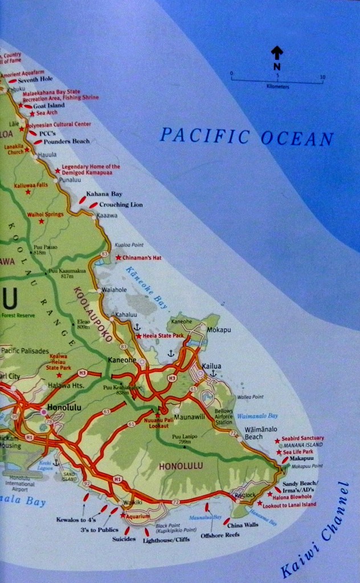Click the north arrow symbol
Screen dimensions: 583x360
click(277, 54)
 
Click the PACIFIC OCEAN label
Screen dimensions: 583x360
click(246, 137)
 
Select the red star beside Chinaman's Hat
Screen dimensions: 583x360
click(118, 258)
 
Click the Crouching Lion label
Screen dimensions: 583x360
click(121, 205)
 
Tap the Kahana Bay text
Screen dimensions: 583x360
click(104, 194)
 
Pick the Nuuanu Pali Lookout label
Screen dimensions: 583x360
click(158, 422)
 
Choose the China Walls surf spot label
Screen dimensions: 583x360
click(243, 524)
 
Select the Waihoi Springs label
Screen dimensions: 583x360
click(44, 215)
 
